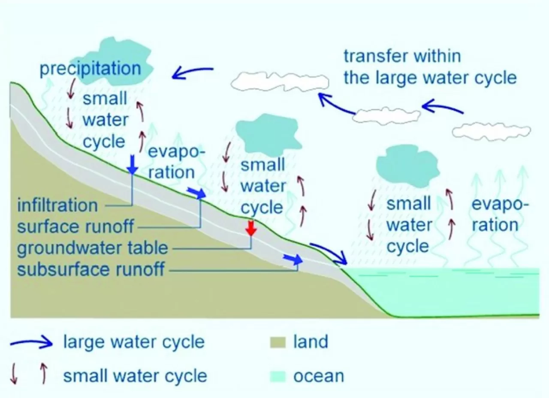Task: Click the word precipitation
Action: click(90, 69)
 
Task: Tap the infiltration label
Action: click(57, 205)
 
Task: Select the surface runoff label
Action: click(75, 226)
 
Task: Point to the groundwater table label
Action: click(92, 248)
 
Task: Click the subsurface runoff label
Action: click(90, 269)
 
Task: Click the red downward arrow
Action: click(251, 229)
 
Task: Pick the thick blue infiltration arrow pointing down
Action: click(133, 164)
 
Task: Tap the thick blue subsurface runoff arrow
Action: click(293, 259)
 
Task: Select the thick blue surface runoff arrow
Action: click(196, 193)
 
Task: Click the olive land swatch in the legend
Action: click(278, 342)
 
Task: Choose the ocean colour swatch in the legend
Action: click(278, 377)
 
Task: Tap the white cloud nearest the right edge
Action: click(492, 132)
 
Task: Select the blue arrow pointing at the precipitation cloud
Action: click(193, 72)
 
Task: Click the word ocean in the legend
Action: click(319, 377)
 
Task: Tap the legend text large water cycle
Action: click(134, 342)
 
